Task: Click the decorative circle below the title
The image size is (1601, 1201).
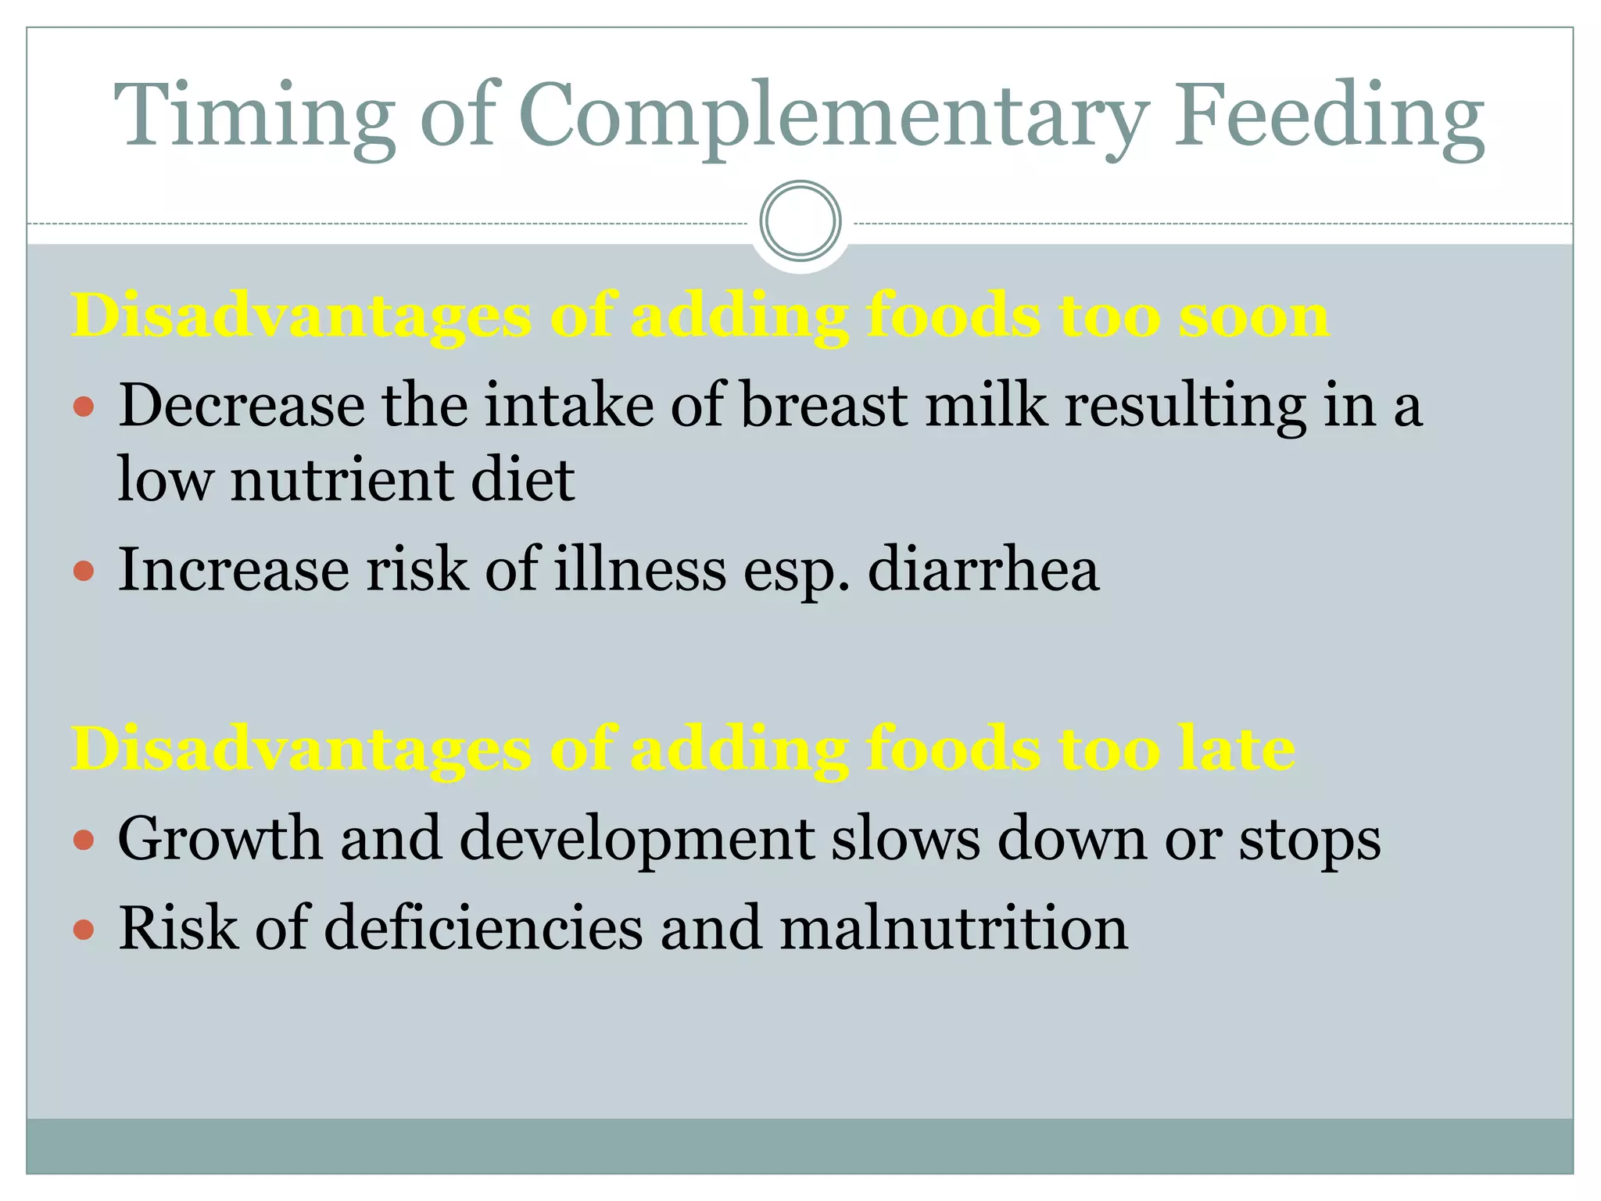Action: pyautogui.click(x=800, y=221)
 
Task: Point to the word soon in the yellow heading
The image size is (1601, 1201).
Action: pyautogui.click(x=1253, y=317)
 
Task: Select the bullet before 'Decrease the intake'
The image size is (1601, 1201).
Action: pyautogui.click(x=84, y=407)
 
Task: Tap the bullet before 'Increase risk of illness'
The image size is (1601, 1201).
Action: pyautogui.click(x=84, y=571)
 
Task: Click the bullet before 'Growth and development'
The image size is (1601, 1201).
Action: pyautogui.click(x=84, y=841)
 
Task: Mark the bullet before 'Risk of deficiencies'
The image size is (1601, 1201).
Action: pyautogui.click(x=84, y=930)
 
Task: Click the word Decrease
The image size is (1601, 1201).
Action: pyautogui.click(x=242, y=406)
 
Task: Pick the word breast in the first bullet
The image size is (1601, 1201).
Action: pyautogui.click(x=824, y=406)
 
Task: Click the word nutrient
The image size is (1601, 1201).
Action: pyautogui.click(x=342, y=479)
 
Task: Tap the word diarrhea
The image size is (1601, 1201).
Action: pyautogui.click(x=983, y=569)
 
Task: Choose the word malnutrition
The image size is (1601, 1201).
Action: pyautogui.click(x=954, y=928)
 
